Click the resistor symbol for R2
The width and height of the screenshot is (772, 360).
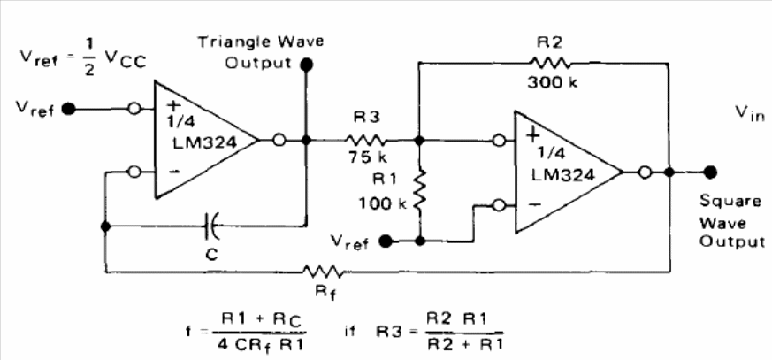click(550, 63)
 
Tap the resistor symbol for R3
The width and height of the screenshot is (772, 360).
click(365, 141)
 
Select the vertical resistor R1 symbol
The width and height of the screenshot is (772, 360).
click(420, 189)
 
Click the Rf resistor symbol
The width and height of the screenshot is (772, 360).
click(322, 272)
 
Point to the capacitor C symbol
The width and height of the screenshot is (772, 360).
click(211, 226)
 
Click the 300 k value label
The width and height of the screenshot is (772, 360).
click(553, 83)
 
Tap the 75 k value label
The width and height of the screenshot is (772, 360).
click(367, 158)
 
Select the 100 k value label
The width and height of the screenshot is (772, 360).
click(382, 203)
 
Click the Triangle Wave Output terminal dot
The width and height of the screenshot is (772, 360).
click(307, 64)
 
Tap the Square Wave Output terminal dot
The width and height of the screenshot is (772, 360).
click(709, 172)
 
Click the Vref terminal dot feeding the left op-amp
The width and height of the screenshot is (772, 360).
click(69, 109)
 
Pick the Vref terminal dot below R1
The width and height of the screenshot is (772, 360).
click(386, 241)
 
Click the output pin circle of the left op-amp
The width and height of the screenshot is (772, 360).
click(279, 141)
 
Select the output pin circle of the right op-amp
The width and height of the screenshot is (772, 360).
click(645, 172)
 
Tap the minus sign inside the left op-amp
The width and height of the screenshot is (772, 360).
click(173, 172)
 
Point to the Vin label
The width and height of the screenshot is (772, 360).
click(750, 114)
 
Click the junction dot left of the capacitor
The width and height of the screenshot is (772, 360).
click(105, 226)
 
